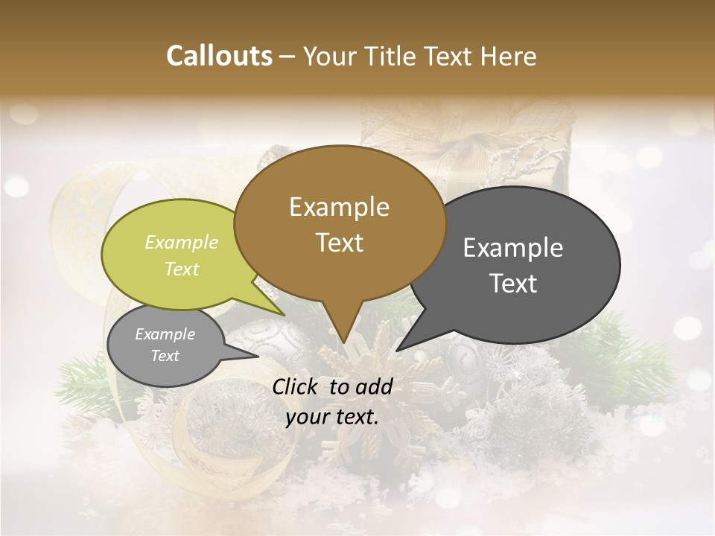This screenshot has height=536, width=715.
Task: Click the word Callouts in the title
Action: click(x=219, y=56)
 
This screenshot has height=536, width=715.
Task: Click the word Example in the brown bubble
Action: click(x=339, y=207)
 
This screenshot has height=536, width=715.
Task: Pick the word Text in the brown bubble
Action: click(x=339, y=243)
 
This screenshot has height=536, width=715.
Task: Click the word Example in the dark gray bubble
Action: click(x=513, y=248)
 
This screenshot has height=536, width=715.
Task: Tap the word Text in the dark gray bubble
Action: click(x=513, y=284)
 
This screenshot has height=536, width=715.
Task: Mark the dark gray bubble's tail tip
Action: click(x=397, y=351)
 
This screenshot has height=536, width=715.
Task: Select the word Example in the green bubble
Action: click(x=182, y=242)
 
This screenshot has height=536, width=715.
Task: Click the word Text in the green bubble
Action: click(x=182, y=269)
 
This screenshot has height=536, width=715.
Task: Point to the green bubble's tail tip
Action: click(x=284, y=316)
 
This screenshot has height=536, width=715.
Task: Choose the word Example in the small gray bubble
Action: click(x=165, y=334)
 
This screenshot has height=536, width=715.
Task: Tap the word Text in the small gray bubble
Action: click(x=165, y=356)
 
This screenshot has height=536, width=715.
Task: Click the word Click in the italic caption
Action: click(x=296, y=386)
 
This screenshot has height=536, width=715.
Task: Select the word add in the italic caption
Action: click(x=375, y=386)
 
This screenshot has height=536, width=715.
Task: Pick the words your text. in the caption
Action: click(x=332, y=418)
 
